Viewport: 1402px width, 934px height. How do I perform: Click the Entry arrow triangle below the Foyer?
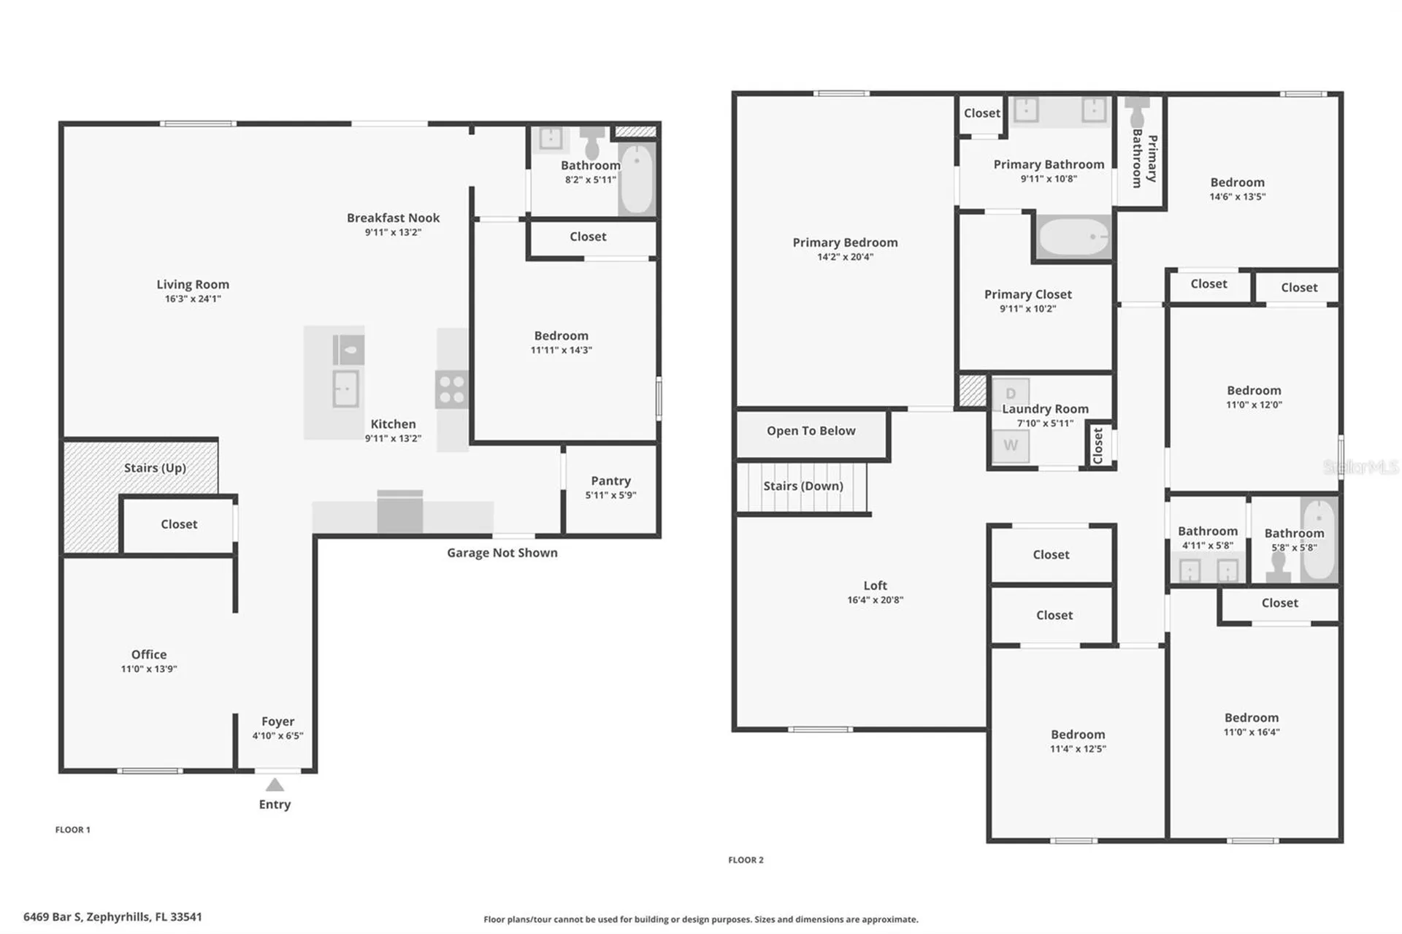pyautogui.click(x=275, y=785)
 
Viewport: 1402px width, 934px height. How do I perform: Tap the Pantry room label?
pyautogui.click(x=610, y=481)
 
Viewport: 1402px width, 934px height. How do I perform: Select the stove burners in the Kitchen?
pyautogui.click(x=452, y=389)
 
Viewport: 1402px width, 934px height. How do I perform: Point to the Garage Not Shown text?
pyautogui.click(x=502, y=553)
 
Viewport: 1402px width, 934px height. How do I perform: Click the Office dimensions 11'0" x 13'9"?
pyautogui.click(x=149, y=669)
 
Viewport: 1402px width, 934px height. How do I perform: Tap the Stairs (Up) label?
pyautogui.click(x=155, y=468)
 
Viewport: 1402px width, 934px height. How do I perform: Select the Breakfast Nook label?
pyautogui.click(x=393, y=218)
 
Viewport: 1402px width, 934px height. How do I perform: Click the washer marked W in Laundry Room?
pyautogui.click(x=1011, y=445)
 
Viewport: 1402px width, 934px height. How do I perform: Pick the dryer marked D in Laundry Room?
pyautogui.click(x=1011, y=394)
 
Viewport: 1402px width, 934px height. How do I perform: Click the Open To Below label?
pyautogui.click(x=811, y=431)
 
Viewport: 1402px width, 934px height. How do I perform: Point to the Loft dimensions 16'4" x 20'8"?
pyautogui.click(x=875, y=600)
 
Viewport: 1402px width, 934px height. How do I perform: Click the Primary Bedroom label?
pyautogui.click(x=845, y=242)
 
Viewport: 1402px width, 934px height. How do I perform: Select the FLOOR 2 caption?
pyautogui.click(x=746, y=860)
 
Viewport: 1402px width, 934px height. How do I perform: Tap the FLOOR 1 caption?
pyautogui.click(x=73, y=830)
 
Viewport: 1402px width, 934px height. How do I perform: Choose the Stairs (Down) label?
pyautogui.click(x=803, y=486)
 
